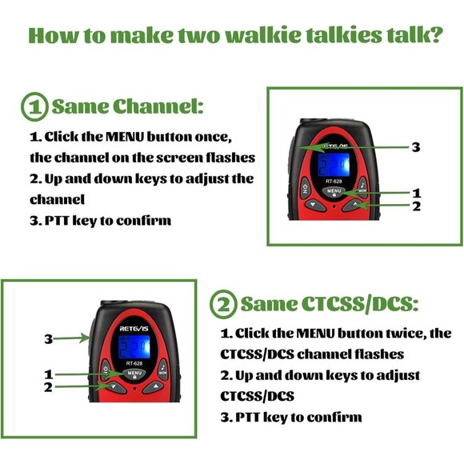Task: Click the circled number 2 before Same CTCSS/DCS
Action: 223,304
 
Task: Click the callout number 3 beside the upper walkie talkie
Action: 415,147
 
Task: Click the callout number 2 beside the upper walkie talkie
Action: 415,206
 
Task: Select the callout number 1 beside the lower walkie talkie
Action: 49,374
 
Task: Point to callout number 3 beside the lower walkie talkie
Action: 49,339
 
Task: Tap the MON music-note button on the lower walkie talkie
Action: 163,369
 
